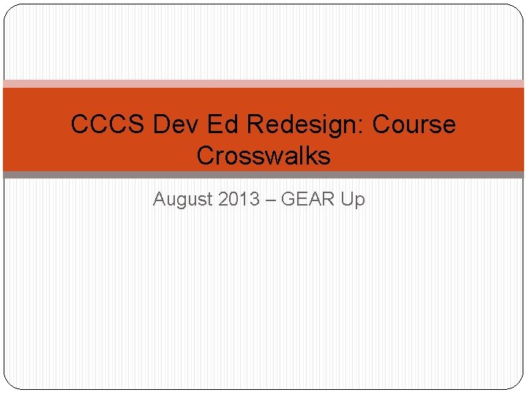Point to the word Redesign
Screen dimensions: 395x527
[304, 125]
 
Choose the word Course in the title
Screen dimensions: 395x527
[414, 124]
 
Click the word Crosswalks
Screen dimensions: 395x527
[263, 156]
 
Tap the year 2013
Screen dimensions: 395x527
[239, 198]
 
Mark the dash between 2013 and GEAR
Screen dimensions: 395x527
[270, 199]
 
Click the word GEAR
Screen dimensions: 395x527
[307, 198]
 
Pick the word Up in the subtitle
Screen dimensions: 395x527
[353, 199]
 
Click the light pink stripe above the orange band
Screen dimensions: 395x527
[263, 84]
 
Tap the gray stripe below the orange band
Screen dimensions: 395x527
[263, 175]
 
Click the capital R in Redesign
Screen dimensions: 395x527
[255, 124]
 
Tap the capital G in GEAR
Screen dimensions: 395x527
[288, 198]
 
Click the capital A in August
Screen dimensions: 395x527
[159, 198]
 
